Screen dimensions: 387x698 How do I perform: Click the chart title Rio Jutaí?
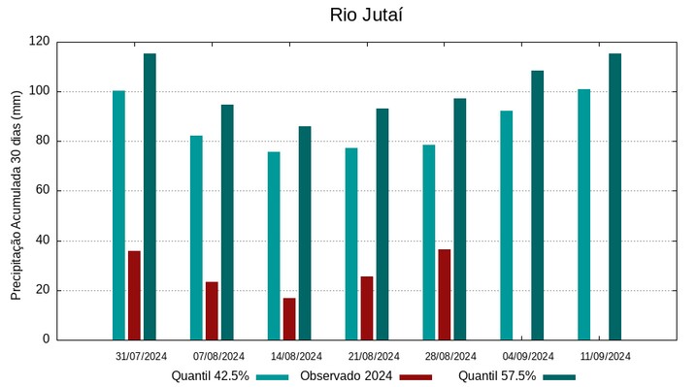pos(365,15)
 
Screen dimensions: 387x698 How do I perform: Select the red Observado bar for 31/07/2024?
pos(134,295)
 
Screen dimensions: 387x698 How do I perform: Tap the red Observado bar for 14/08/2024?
pos(289,318)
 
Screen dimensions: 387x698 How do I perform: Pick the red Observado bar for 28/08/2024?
pos(444,294)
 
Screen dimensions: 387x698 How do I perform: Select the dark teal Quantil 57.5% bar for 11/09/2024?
pos(615,196)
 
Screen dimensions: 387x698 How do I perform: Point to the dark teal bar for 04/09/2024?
pos(537,205)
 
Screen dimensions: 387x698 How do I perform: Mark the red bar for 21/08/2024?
pos(367,307)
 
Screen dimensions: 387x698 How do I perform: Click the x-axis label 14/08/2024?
pos(296,356)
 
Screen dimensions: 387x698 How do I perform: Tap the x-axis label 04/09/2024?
pos(528,356)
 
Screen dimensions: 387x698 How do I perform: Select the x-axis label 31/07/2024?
pos(141,356)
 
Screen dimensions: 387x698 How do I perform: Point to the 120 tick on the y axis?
pos(39,42)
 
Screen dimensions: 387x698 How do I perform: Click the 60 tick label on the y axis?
pos(43,191)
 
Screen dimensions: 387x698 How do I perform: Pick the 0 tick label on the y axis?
pos(46,339)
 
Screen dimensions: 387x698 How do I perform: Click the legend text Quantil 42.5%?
pos(210,376)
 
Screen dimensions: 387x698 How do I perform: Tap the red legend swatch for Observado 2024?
pos(416,376)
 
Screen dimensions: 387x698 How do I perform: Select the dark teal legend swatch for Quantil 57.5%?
pos(559,376)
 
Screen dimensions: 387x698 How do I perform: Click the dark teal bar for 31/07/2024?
pos(150,196)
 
